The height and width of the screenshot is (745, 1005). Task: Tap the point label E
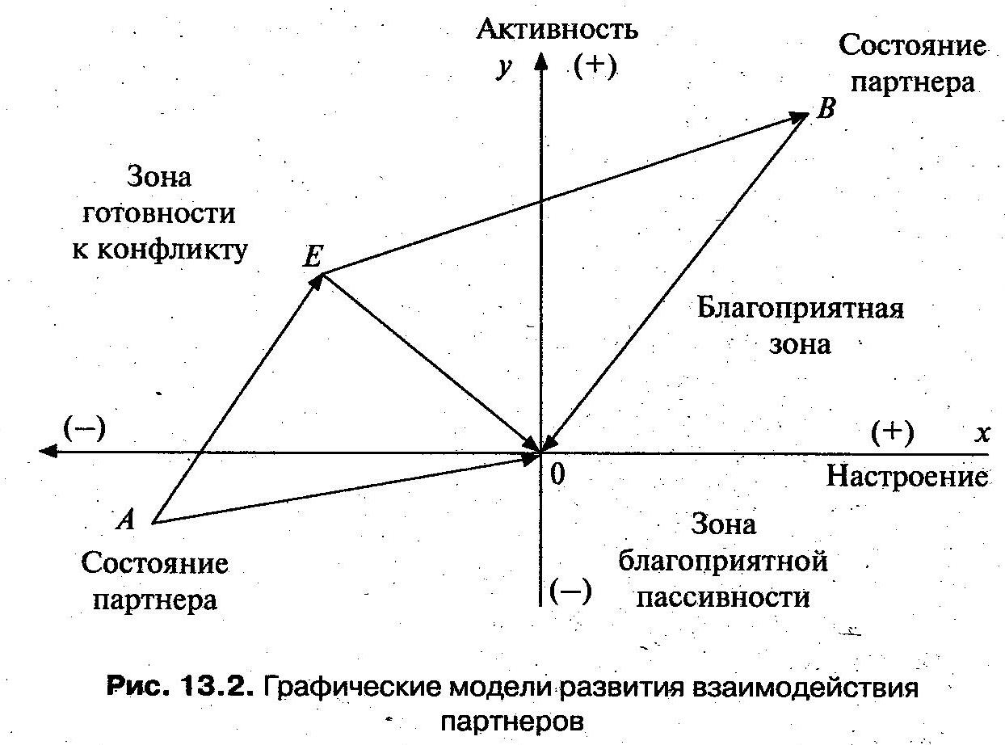point(313,257)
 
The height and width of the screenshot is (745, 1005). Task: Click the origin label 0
point(556,475)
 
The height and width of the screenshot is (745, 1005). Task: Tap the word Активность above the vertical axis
point(557,30)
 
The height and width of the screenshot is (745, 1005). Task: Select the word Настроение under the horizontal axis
point(906,476)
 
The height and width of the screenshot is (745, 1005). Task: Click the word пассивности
point(723,597)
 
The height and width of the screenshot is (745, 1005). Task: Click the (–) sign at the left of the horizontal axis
point(84,428)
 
